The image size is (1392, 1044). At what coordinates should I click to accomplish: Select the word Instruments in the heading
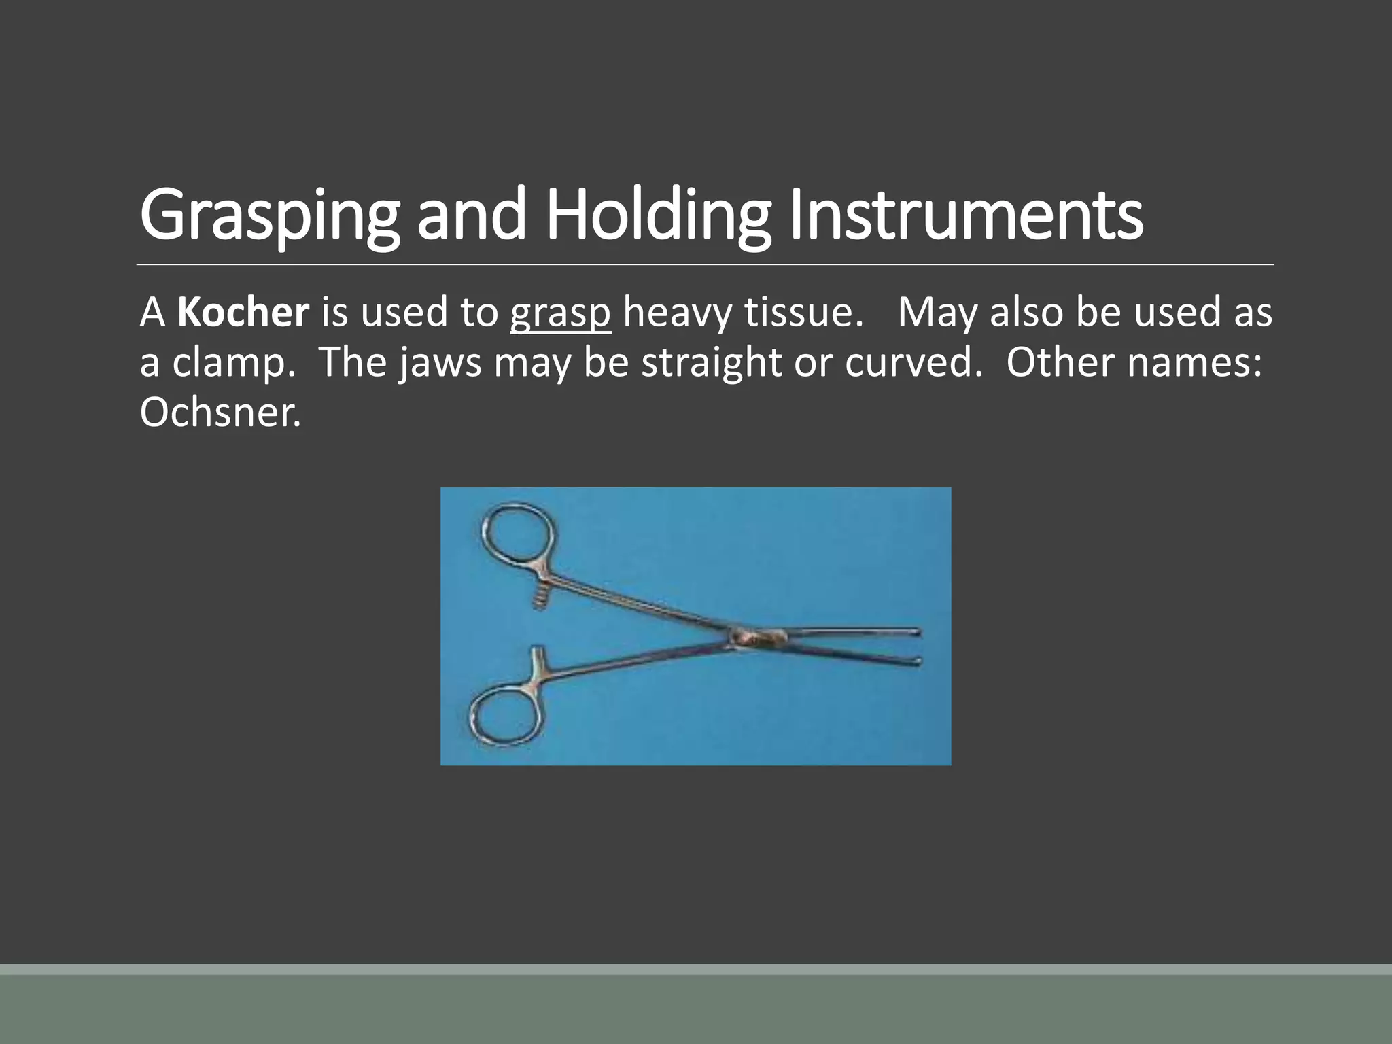point(965,215)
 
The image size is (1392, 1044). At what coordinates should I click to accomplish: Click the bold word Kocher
point(243,312)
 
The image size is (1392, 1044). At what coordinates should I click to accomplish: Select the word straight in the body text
point(712,364)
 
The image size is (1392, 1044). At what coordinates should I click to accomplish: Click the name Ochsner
point(220,412)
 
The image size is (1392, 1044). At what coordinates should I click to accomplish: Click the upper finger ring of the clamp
point(517,534)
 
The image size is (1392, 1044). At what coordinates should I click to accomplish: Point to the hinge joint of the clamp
point(757,637)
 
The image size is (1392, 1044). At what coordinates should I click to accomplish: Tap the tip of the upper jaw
point(917,632)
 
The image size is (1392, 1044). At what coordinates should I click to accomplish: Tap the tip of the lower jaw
point(917,660)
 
